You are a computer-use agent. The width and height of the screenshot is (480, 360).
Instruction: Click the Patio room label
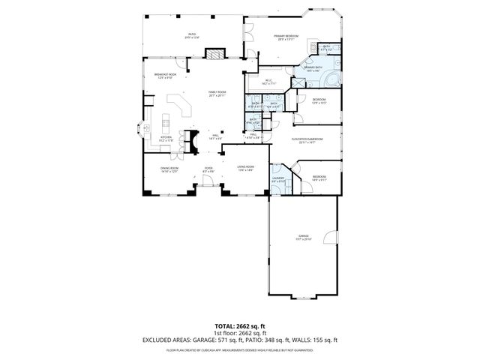[x=192, y=35]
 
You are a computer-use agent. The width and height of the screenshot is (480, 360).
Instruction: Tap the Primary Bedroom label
[x=286, y=37]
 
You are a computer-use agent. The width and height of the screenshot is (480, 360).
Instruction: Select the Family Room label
[x=217, y=94]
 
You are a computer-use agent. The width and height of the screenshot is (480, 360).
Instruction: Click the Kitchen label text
[x=166, y=138]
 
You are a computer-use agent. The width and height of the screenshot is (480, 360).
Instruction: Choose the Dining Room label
[x=169, y=170]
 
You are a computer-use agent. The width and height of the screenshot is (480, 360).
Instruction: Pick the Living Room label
[x=246, y=169]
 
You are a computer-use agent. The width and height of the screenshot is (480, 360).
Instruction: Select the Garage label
[x=304, y=236]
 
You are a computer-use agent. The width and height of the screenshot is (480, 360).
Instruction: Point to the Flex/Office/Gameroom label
[x=306, y=140]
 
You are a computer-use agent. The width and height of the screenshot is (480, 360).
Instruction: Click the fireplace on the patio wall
[x=215, y=54]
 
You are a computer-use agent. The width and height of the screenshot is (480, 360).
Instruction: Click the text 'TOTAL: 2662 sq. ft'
[x=240, y=326]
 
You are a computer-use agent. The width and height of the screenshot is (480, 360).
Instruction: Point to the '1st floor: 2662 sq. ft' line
[x=240, y=333]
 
